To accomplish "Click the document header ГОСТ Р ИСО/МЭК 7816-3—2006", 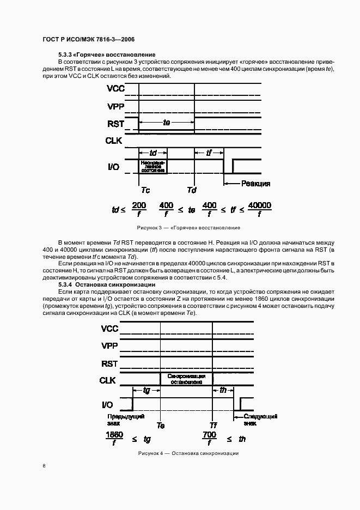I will point(88,40).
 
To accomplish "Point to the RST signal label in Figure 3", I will point(115,124).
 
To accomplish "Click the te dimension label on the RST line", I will point(167,123).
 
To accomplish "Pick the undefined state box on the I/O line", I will point(153,166).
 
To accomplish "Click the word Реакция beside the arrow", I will point(255,184).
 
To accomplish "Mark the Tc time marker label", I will point(145,190).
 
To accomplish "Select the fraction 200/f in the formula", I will point(139,209).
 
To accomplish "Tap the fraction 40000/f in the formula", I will point(259,209).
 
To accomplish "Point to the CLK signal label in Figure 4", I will point(108,380).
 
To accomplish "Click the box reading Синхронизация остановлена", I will point(186,379).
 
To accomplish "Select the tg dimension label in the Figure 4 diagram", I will point(147,390).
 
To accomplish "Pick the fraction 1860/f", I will point(114,438).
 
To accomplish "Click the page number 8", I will point(44,465).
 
